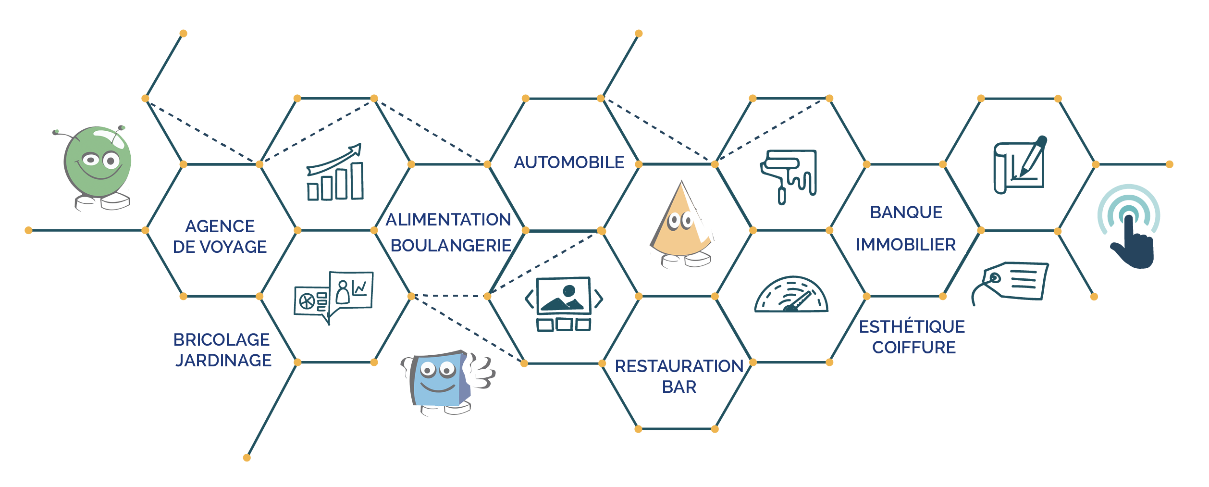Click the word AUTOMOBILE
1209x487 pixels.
(569, 162)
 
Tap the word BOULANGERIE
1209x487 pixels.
(451, 246)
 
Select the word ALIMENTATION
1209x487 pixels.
(448, 220)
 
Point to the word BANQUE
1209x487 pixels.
(906, 212)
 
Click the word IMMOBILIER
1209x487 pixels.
(906, 245)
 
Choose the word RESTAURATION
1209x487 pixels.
(679, 366)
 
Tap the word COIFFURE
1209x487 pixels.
(914, 348)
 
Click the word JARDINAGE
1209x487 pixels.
(223, 361)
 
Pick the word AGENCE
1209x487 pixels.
(220, 226)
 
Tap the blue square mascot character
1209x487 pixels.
(447, 383)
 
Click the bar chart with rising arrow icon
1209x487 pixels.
(335, 172)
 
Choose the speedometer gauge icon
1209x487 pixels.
(791, 294)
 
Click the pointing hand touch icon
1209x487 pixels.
(1129, 226)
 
